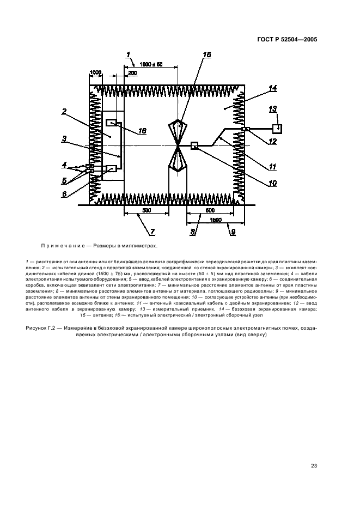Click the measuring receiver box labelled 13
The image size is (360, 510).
[277, 129]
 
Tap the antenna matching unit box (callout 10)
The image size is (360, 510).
[194, 145]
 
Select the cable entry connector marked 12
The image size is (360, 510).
[246, 129]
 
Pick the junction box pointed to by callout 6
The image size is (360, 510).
[112, 168]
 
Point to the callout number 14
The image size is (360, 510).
[272, 88]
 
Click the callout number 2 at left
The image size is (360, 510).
[64, 112]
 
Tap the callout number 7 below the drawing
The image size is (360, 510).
[152, 232]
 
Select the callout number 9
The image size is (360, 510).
[233, 232]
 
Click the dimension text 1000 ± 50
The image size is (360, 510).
[151, 64]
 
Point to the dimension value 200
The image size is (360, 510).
[132, 73]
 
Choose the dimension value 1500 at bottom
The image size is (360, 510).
[216, 220]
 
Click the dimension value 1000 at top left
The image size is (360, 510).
[96, 72]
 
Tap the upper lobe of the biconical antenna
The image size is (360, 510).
[178, 131]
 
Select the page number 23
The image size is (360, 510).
[314, 466]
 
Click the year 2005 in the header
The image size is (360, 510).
[310, 39]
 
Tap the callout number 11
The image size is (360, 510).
[272, 167]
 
